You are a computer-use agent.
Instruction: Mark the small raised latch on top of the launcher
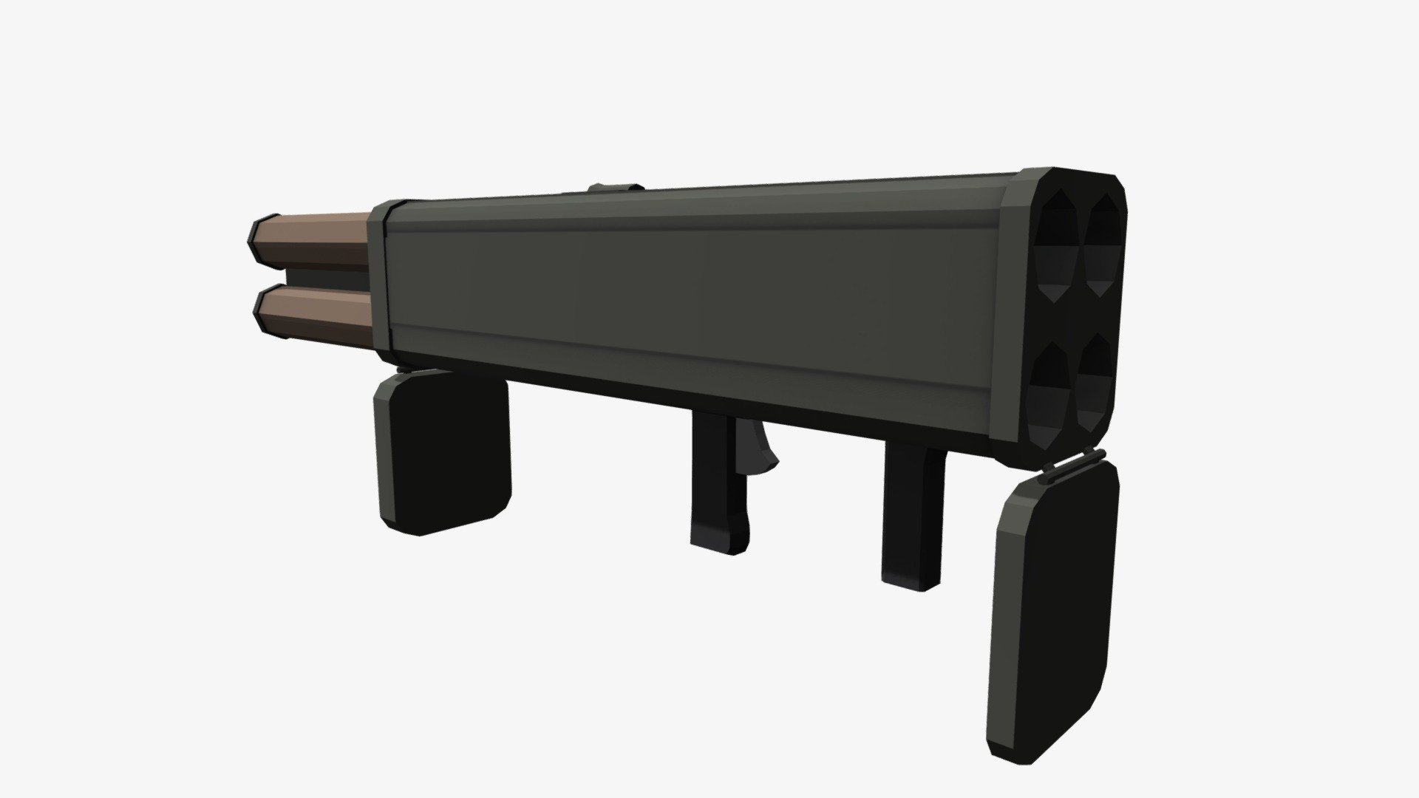coord(615,188)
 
